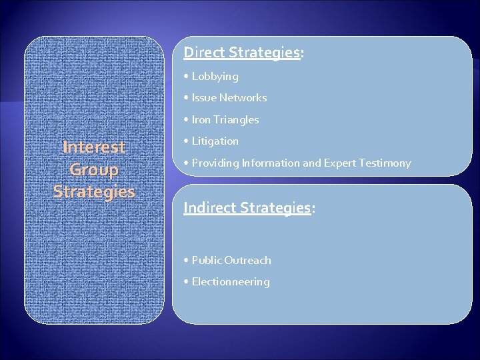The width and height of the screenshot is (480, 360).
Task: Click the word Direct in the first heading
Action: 205,52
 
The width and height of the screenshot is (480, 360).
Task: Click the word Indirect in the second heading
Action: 209,207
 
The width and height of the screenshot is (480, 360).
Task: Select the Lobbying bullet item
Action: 215,77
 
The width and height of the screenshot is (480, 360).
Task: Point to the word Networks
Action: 243,98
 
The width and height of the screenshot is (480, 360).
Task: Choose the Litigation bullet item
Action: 215,141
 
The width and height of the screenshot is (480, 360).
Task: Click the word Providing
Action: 215,163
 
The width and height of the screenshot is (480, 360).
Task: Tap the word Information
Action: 271,163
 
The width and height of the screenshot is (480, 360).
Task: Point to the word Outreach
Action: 248,261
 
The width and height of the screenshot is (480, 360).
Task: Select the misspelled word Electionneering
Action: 231,282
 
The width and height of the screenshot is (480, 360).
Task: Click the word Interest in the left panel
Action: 94,147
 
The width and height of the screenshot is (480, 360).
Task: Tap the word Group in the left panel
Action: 94,169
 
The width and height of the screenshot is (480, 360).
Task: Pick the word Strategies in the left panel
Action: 94,192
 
